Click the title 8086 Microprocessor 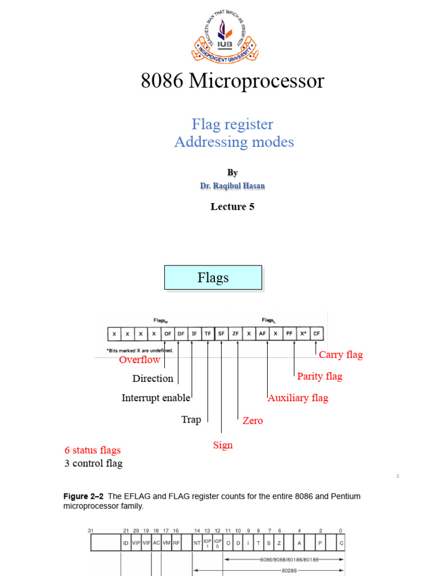pyautogui.click(x=232, y=82)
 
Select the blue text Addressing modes pyautogui.click(x=234, y=142)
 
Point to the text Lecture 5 pyautogui.click(x=232, y=206)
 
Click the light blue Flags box pyautogui.click(x=213, y=278)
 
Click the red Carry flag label pyautogui.click(x=341, y=355)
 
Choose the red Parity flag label pyautogui.click(x=319, y=376)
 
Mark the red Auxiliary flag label pyautogui.click(x=298, y=398)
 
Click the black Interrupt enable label pyautogui.click(x=156, y=398)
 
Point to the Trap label pyautogui.click(x=191, y=420)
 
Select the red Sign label pyautogui.click(x=223, y=445)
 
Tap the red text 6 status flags pyautogui.click(x=92, y=450)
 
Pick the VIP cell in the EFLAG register pyautogui.click(x=136, y=543)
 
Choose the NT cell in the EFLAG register pyautogui.click(x=197, y=543)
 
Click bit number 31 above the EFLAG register pyautogui.click(x=91, y=530)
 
